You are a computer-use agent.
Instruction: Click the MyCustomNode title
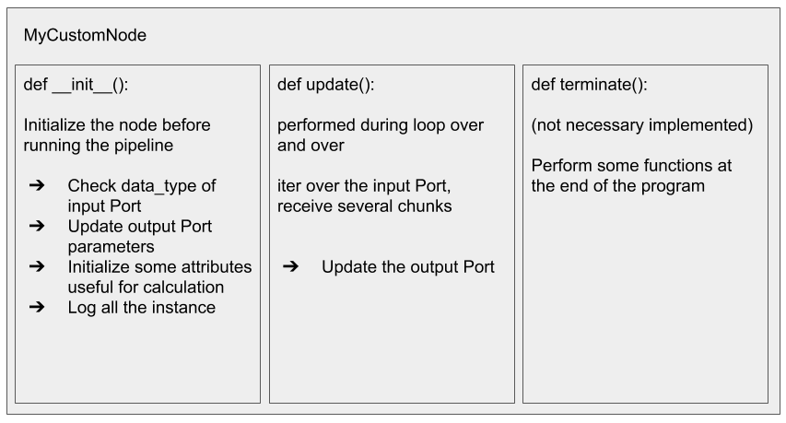pyautogui.click(x=85, y=35)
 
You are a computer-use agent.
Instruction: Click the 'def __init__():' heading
pyautogui.click(x=76, y=84)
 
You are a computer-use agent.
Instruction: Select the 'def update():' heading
pyautogui.click(x=326, y=84)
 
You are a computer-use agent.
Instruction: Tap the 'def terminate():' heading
pyautogui.click(x=589, y=84)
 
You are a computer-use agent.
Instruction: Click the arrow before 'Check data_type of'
pyautogui.click(x=37, y=185)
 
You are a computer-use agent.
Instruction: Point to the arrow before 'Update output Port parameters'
pyautogui.click(x=37, y=226)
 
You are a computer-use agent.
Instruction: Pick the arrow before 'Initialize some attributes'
pyautogui.click(x=37, y=266)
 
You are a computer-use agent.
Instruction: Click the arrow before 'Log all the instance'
pyautogui.click(x=37, y=307)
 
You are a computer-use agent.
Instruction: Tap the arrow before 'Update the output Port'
pyautogui.click(x=291, y=266)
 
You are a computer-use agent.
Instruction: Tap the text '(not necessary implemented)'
pyautogui.click(x=642, y=125)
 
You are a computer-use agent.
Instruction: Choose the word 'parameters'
pyautogui.click(x=111, y=247)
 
